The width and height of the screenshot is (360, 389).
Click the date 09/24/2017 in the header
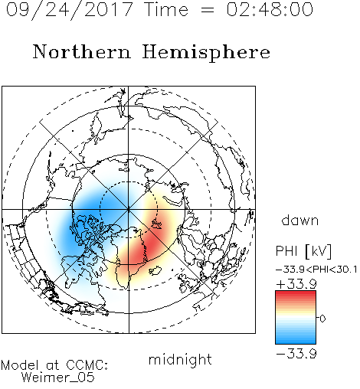tap(69, 10)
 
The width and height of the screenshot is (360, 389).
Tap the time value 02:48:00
tap(270, 9)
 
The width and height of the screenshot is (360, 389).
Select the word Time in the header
tap(166, 9)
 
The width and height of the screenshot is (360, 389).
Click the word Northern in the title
tap(82, 51)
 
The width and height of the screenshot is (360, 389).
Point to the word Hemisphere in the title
tap(206, 53)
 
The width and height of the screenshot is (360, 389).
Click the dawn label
tap(300, 220)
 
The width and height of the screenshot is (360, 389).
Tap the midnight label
tap(180, 360)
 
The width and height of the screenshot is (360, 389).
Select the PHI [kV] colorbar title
tap(303, 251)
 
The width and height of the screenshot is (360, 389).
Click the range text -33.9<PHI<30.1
tap(316, 270)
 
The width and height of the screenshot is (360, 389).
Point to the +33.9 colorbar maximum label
tap(296, 284)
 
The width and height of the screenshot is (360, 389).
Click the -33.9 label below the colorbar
tap(296, 354)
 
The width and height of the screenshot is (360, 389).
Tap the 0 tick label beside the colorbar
tap(322, 319)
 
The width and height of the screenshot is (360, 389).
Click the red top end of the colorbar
tap(296, 293)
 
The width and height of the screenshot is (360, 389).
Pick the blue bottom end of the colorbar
tap(296, 341)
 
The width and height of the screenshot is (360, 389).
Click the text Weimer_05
tap(57, 378)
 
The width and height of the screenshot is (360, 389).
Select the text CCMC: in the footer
tap(87, 365)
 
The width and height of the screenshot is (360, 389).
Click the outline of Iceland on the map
tap(155, 271)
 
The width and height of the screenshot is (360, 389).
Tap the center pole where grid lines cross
tap(129, 209)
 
